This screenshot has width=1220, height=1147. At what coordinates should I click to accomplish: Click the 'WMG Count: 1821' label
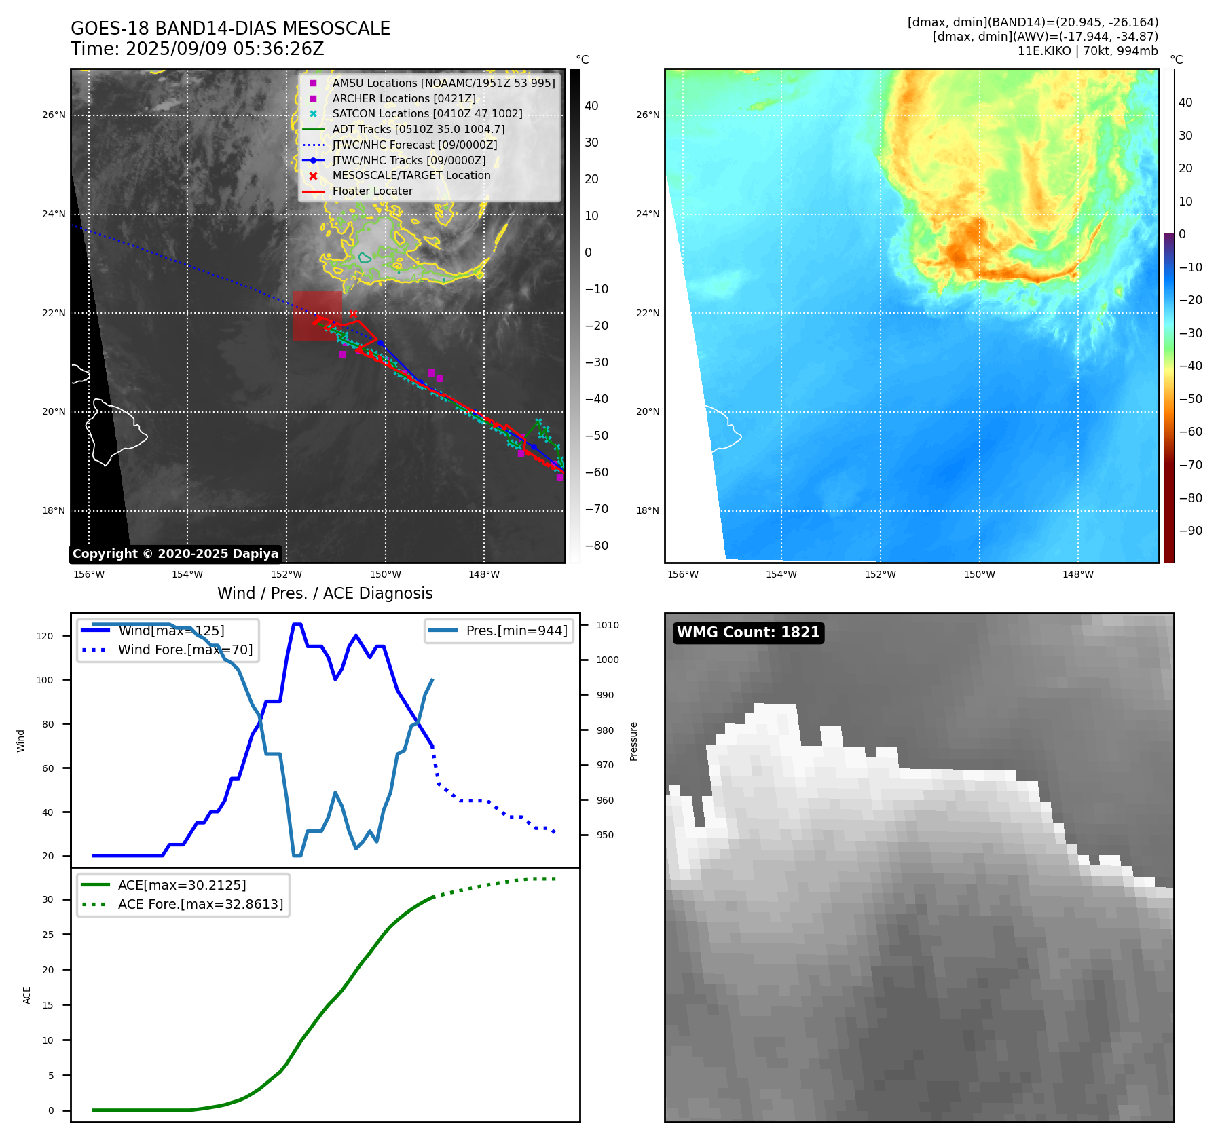click(x=748, y=633)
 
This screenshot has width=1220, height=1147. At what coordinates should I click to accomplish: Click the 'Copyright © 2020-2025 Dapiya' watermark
click(x=175, y=554)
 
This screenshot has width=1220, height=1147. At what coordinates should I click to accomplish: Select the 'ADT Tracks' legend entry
click(x=418, y=129)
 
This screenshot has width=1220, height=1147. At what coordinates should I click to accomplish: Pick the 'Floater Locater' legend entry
click(x=372, y=191)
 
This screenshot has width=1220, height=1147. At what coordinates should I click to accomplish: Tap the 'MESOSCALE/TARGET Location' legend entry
click(x=411, y=176)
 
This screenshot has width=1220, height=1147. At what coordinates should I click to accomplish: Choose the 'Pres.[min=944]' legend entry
click(x=516, y=631)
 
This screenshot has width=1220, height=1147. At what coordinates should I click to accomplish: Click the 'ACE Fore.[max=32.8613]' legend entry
click(x=200, y=904)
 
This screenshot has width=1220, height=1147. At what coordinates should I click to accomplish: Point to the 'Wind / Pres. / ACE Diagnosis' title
click(x=325, y=593)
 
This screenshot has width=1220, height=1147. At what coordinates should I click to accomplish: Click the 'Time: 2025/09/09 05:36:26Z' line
click(x=197, y=50)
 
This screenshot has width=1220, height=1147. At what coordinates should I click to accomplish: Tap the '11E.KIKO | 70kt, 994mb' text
click(x=1087, y=51)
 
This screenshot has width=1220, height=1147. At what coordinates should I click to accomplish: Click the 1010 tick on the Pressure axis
click(x=608, y=625)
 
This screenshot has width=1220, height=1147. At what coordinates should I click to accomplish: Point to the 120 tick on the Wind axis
click(x=45, y=636)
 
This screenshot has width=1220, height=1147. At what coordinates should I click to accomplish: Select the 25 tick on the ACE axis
click(x=48, y=935)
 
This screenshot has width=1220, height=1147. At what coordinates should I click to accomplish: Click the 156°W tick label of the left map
click(x=89, y=574)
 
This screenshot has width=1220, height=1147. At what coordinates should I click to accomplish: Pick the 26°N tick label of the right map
click(x=647, y=115)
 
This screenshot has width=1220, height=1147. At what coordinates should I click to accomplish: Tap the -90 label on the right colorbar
click(x=1190, y=531)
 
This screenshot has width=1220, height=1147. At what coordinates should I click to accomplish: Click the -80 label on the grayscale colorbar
click(x=597, y=546)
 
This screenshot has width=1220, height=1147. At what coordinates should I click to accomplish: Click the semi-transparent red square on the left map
click(x=317, y=316)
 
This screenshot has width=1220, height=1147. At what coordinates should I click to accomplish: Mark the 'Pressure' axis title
click(x=633, y=741)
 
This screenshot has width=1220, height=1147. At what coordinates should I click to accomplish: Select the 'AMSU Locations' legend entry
click(x=443, y=83)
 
